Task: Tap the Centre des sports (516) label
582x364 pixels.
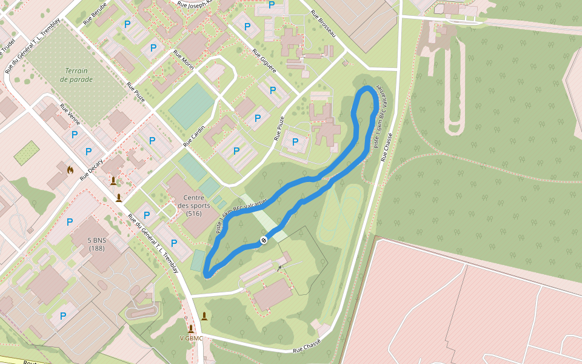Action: click(x=194, y=206)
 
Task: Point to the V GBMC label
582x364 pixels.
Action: click(x=191, y=338)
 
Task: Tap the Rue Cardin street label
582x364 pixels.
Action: click(x=195, y=136)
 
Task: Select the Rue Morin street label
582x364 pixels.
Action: click(x=183, y=60)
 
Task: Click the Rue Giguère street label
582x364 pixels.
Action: click(x=264, y=61)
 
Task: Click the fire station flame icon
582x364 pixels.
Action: click(x=70, y=170)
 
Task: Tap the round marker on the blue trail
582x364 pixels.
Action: click(x=264, y=240)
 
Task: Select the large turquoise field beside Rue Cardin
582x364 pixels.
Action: click(x=192, y=105)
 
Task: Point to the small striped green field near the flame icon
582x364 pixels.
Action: click(x=27, y=153)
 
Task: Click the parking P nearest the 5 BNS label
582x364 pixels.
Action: click(x=70, y=222)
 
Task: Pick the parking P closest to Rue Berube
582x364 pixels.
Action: click(x=127, y=24)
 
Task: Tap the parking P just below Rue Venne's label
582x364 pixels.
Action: click(x=75, y=134)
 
